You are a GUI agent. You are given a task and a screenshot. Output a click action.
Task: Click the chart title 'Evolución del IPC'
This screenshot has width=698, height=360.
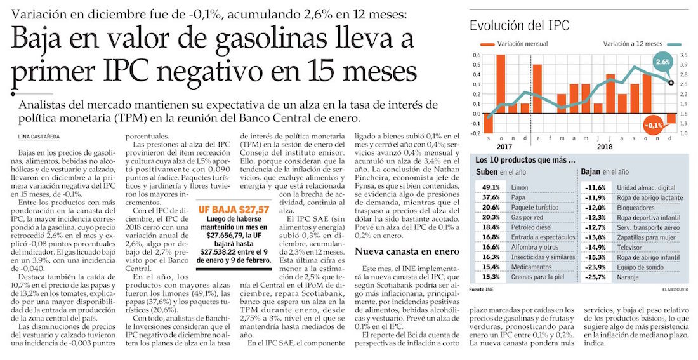519,26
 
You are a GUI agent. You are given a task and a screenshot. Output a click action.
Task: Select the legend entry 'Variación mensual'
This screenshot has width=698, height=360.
523,45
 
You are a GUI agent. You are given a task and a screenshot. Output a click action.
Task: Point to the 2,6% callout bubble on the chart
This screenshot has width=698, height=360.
663,62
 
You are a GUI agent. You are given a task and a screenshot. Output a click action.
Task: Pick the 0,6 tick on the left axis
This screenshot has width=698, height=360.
477,55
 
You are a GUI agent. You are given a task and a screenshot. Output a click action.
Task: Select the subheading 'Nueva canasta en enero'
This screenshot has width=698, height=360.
397,251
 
